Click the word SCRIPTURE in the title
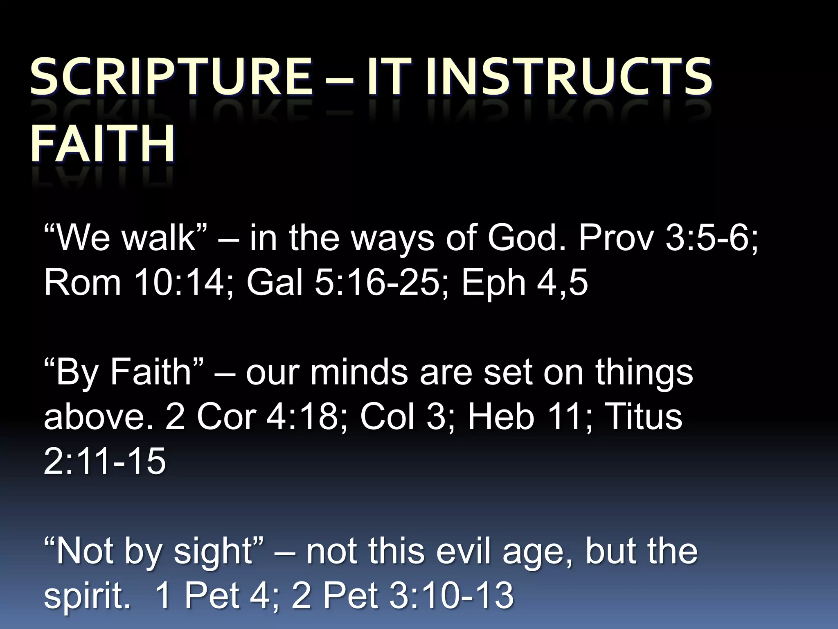[x=171, y=77]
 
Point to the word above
[x=98, y=417]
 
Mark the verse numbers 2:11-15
[x=105, y=461]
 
